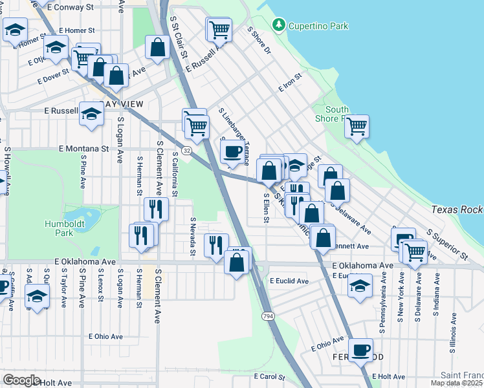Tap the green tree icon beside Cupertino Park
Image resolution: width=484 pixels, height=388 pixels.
[279, 25]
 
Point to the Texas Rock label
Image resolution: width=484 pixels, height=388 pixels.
[457, 210]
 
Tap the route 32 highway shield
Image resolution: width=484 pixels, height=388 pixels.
[186, 150]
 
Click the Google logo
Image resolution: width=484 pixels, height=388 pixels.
[21, 380]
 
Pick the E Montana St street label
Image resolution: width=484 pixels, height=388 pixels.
[83, 149]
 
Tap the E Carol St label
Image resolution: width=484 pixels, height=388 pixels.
[270, 376]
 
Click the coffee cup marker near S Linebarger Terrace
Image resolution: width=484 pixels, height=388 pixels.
[232, 152]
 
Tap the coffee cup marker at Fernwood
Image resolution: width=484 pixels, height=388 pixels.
[362, 350]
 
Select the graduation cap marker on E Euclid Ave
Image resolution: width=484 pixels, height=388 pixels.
[360, 286]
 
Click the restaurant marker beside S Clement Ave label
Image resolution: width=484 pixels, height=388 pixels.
[156, 208]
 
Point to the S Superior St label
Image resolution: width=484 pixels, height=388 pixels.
[446, 244]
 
